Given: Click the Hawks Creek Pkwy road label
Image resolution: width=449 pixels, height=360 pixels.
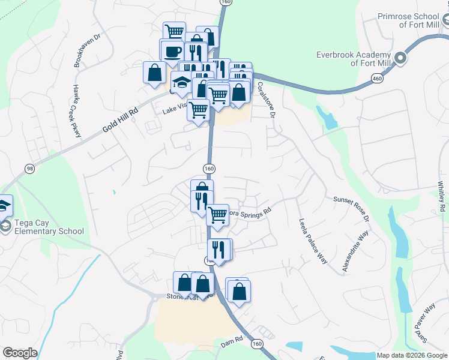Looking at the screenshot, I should tap(76, 111).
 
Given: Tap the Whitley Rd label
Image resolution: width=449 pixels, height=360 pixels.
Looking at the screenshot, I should tap(442, 195).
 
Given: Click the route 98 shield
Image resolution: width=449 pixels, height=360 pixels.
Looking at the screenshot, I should tap(29, 168).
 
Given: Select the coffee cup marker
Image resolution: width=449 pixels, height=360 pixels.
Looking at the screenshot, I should tap(173, 50).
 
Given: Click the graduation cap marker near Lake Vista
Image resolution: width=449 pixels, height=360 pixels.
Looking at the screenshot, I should tap(180, 82).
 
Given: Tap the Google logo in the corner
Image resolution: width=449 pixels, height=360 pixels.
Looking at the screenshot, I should tap(20, 353).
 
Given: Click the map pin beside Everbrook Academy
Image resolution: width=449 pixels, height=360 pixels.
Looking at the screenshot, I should tap(400, 59).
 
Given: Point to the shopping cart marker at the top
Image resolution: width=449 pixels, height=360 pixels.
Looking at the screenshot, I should tap(174, 31).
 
